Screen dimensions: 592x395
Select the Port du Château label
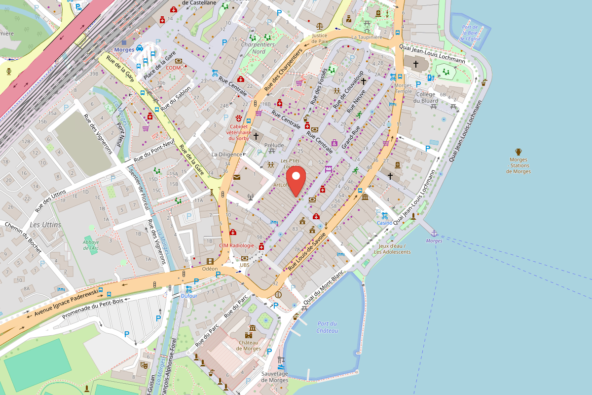(x=327, y=327)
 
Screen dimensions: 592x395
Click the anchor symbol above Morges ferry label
(x=434, y=233)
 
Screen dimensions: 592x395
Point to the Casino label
(x=384, y=223)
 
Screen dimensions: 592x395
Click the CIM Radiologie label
(x=236, y=245)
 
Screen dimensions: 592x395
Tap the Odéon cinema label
(x=210, y=269)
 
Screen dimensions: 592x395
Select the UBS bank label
(x=245, y=265)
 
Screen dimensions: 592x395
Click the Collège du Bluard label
(x=427, y=97)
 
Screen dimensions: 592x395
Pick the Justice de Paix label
(x=320, y=39)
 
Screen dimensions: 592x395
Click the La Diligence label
(x=226, y=154)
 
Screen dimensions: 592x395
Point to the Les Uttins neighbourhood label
(x=45, y=225)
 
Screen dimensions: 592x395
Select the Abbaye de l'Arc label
(x=91, y=245)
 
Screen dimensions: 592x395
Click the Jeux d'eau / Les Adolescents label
(x=392, y=249)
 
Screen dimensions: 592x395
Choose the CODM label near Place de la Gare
(x=173, y=68)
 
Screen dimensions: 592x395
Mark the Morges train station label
(x=123, y=50)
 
